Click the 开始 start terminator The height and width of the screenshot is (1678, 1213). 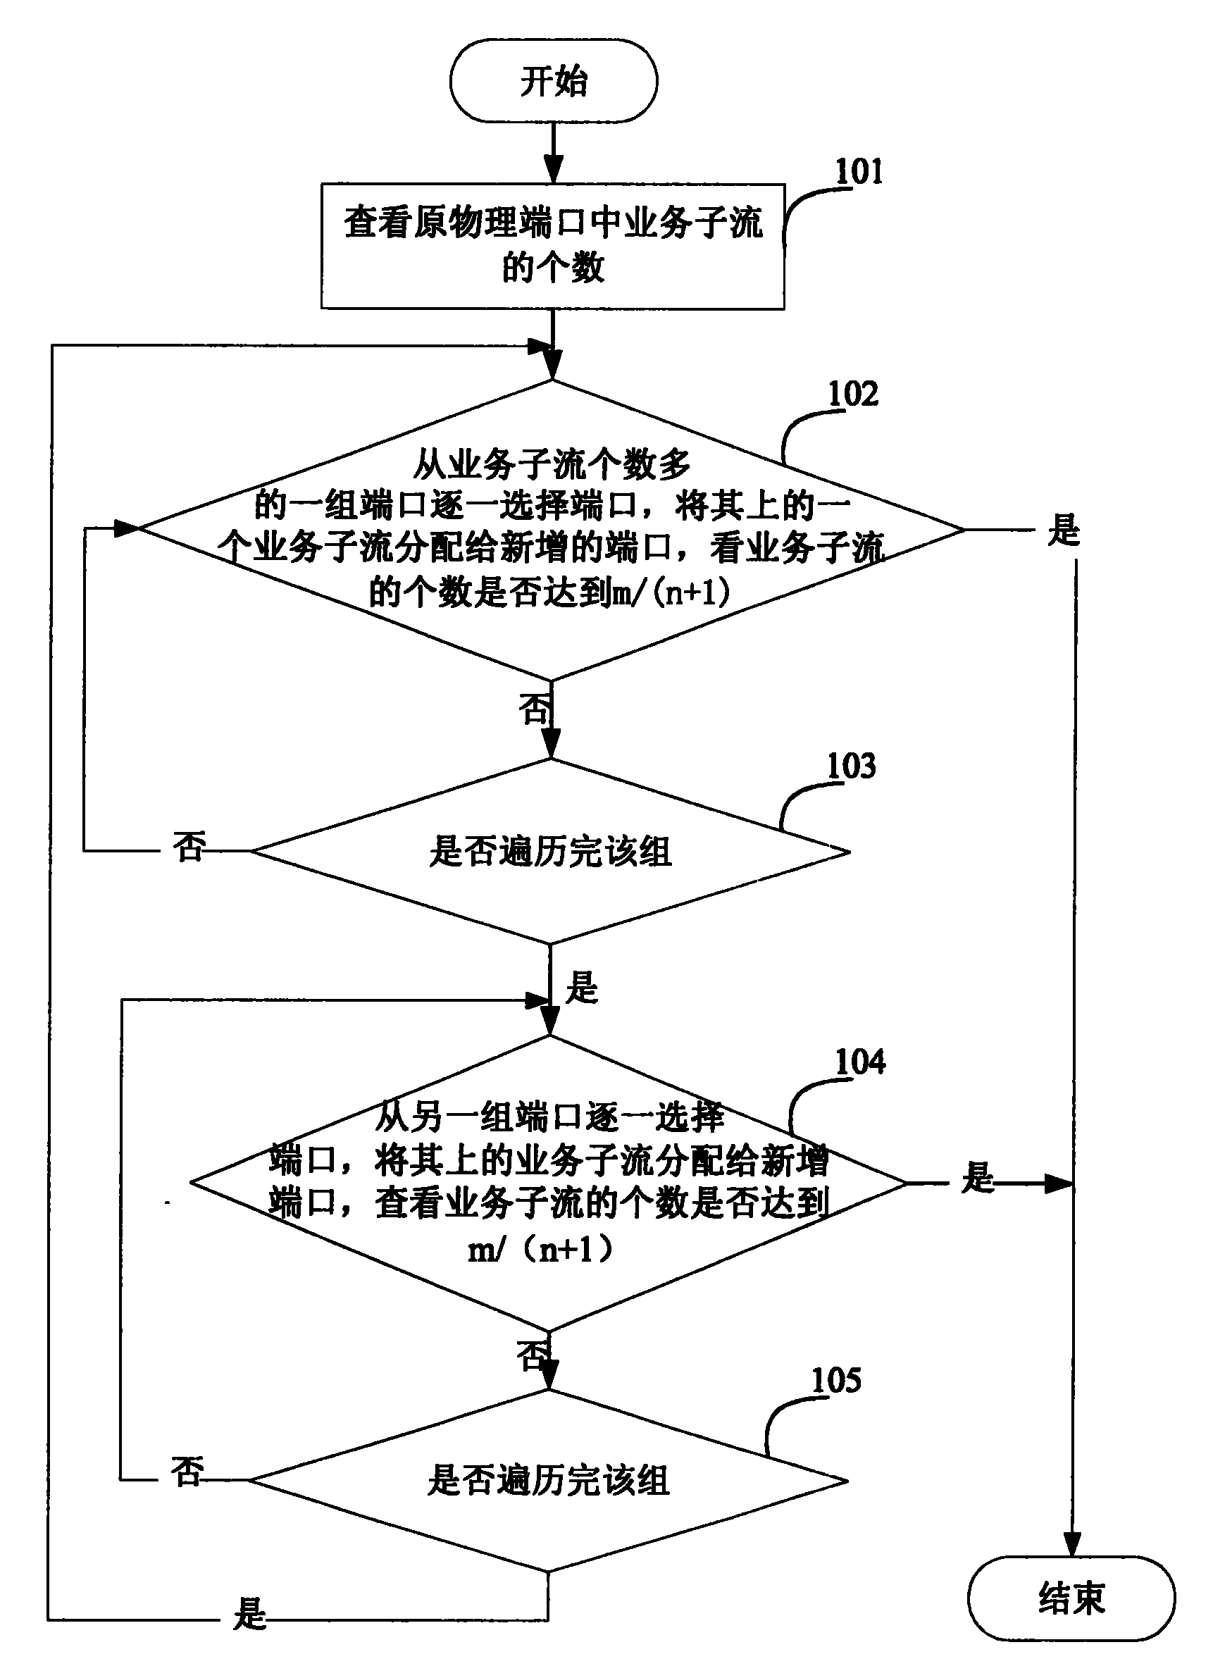tap(553, 80)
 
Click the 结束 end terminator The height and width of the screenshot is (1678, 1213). tap(1071, 1598)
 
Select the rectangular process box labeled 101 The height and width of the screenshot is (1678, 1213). tap(552, 247)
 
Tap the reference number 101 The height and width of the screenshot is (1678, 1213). tap(859, 172)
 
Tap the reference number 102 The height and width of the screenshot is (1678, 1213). tap(853, 394)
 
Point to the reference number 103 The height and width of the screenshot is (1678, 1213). tap(851, 766)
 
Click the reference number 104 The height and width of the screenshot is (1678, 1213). tap(859, 1062)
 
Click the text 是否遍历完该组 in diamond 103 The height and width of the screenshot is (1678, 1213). tap(550, 852)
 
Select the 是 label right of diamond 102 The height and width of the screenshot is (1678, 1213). tap(1064, 530)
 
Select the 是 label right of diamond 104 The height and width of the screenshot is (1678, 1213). tap(978, 1177)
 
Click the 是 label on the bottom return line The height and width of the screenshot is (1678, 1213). tap(249, 1614)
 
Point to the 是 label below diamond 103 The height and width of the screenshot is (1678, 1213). tap(581, 988)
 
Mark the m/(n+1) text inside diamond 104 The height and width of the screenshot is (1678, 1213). tap(542, 1250)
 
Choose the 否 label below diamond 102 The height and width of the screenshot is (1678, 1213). tap(534, 709)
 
